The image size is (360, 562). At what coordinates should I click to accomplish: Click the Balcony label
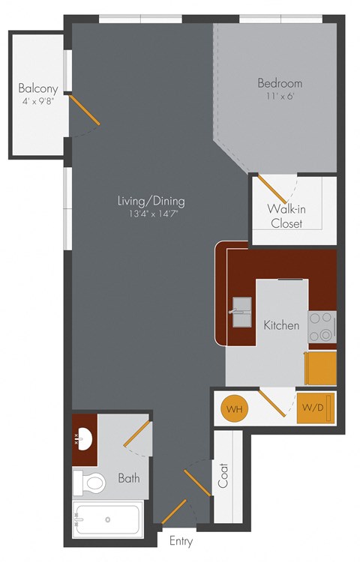[x=38, y=88]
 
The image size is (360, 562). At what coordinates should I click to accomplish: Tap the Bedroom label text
[x=280, y=83]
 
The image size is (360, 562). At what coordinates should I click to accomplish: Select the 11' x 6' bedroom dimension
[x=280, y=97]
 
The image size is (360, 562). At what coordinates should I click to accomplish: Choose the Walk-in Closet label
[x=286, y=216]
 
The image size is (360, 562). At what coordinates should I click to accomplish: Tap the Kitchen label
[x=281, y=325]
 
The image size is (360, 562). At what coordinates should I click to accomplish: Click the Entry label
[x=181, y=541]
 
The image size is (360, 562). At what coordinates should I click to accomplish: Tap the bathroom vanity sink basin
[x=84, y=437]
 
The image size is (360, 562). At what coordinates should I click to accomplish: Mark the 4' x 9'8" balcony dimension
[x=38, y=102]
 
